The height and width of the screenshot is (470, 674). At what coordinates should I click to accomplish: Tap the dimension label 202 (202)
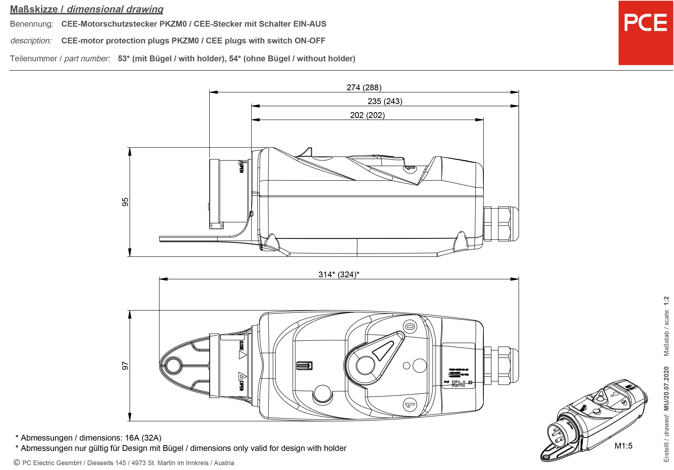367,115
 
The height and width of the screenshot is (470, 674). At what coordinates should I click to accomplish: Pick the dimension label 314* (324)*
339,274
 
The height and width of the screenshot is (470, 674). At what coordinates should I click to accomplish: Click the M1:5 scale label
623,446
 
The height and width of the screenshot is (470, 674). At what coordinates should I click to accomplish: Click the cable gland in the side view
501,224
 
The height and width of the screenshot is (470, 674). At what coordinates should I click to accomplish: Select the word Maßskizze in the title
34,9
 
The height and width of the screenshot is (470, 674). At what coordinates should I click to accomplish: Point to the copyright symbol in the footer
17,463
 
